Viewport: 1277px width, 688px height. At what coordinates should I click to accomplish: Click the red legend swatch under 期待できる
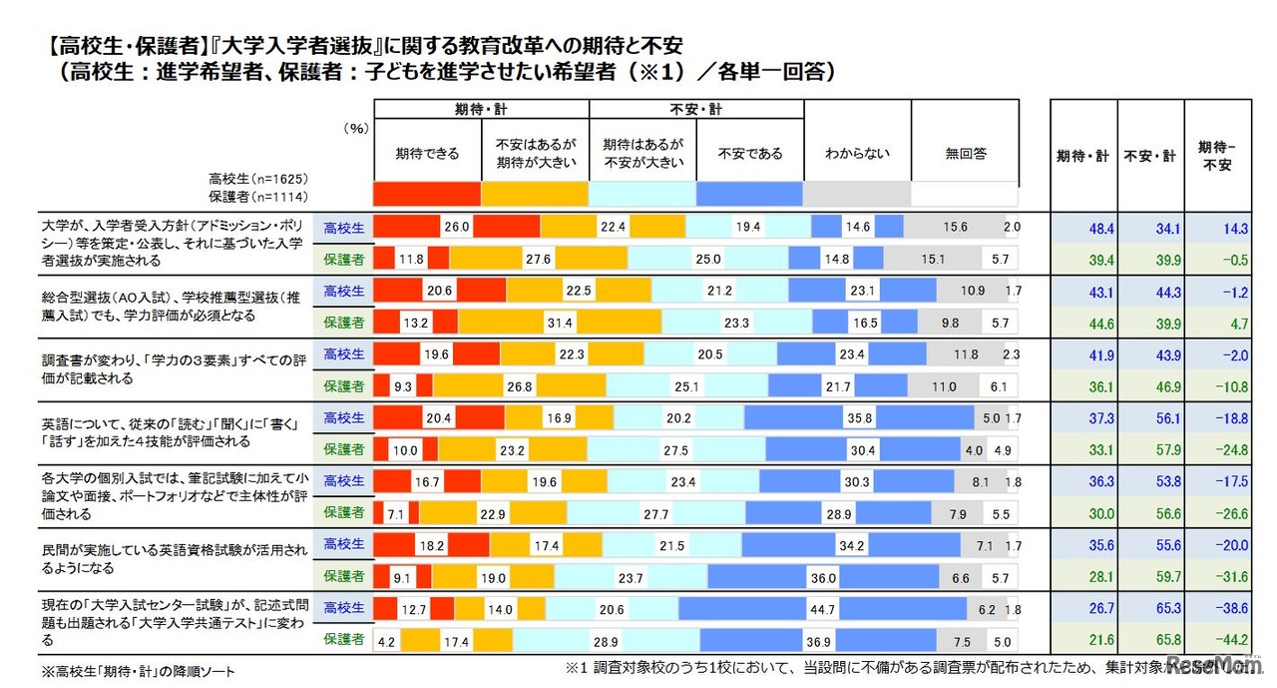pos(426,194)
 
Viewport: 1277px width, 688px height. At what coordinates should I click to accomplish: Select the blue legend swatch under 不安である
pos(749,194)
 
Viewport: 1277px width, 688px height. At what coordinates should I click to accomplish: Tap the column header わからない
pos(857,154)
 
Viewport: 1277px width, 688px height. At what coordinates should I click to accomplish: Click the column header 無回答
pos(965,154)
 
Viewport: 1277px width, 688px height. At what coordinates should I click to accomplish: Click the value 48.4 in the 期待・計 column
pos(1073,229)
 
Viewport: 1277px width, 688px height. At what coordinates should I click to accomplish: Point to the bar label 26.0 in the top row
pos(457,228)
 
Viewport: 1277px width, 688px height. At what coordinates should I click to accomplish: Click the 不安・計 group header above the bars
pos(695,109)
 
